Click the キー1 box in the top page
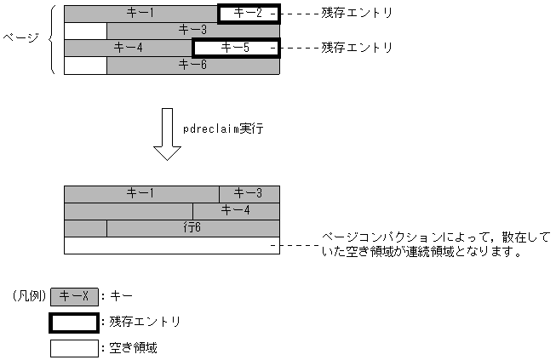click(x=140, y=14)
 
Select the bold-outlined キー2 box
click(x=248, y=14)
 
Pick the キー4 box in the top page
click(x=129, y=48)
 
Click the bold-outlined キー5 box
click(x=236, y=48)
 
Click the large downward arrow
click(x=167, y=135)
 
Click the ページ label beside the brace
click(x=21, y=39)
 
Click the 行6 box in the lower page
click(x=192, y=228)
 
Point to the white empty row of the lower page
click(x=171, y=245)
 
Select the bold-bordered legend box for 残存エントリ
click(x=74, y=323)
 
